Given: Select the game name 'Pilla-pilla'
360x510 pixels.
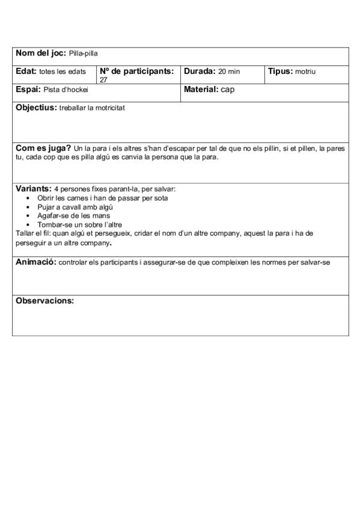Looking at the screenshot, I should (84, 54).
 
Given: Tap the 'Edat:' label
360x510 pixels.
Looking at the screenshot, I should (26, 72).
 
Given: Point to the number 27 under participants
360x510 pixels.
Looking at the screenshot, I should (103, 79).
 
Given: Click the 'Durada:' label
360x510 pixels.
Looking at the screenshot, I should (200, 72).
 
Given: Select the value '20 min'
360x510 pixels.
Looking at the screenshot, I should (229, 72).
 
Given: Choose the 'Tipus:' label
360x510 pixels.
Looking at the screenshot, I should (280, 72).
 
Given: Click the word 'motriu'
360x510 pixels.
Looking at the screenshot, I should (305, 72).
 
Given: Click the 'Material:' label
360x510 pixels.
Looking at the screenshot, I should (201, 90).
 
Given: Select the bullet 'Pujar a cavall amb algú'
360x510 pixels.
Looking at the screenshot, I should (75, 207).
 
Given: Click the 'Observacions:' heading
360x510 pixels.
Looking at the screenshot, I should (44, 300).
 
